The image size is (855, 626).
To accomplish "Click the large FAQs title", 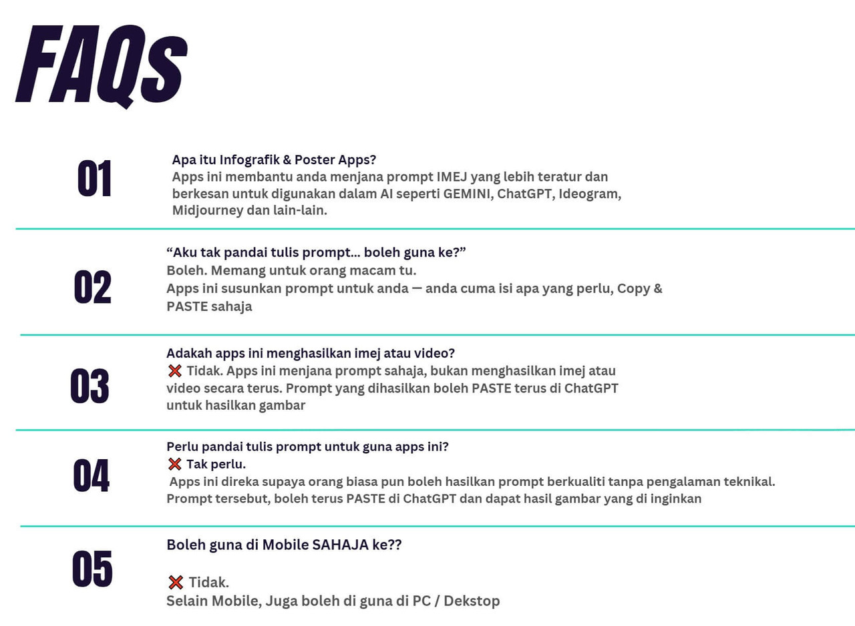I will click(x=100, y=65).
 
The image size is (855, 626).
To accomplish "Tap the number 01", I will click(x=95, y=179).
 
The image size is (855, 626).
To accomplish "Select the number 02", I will click(x=92, y=288).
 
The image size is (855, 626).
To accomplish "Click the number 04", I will click(x=91, y=476).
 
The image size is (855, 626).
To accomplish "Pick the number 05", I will click(x=92, y=569).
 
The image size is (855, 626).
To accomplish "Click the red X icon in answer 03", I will click(x=175, y=370).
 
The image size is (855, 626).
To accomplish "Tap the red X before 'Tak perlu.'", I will click(x=175, y=464).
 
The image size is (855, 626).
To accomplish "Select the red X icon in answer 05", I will click(x=176, y=583).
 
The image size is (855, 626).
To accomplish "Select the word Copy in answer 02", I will click(x=633, y=289).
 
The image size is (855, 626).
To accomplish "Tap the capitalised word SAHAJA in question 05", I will click(x=341, y=545).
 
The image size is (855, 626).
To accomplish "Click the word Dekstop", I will click(x=472, y=601).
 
